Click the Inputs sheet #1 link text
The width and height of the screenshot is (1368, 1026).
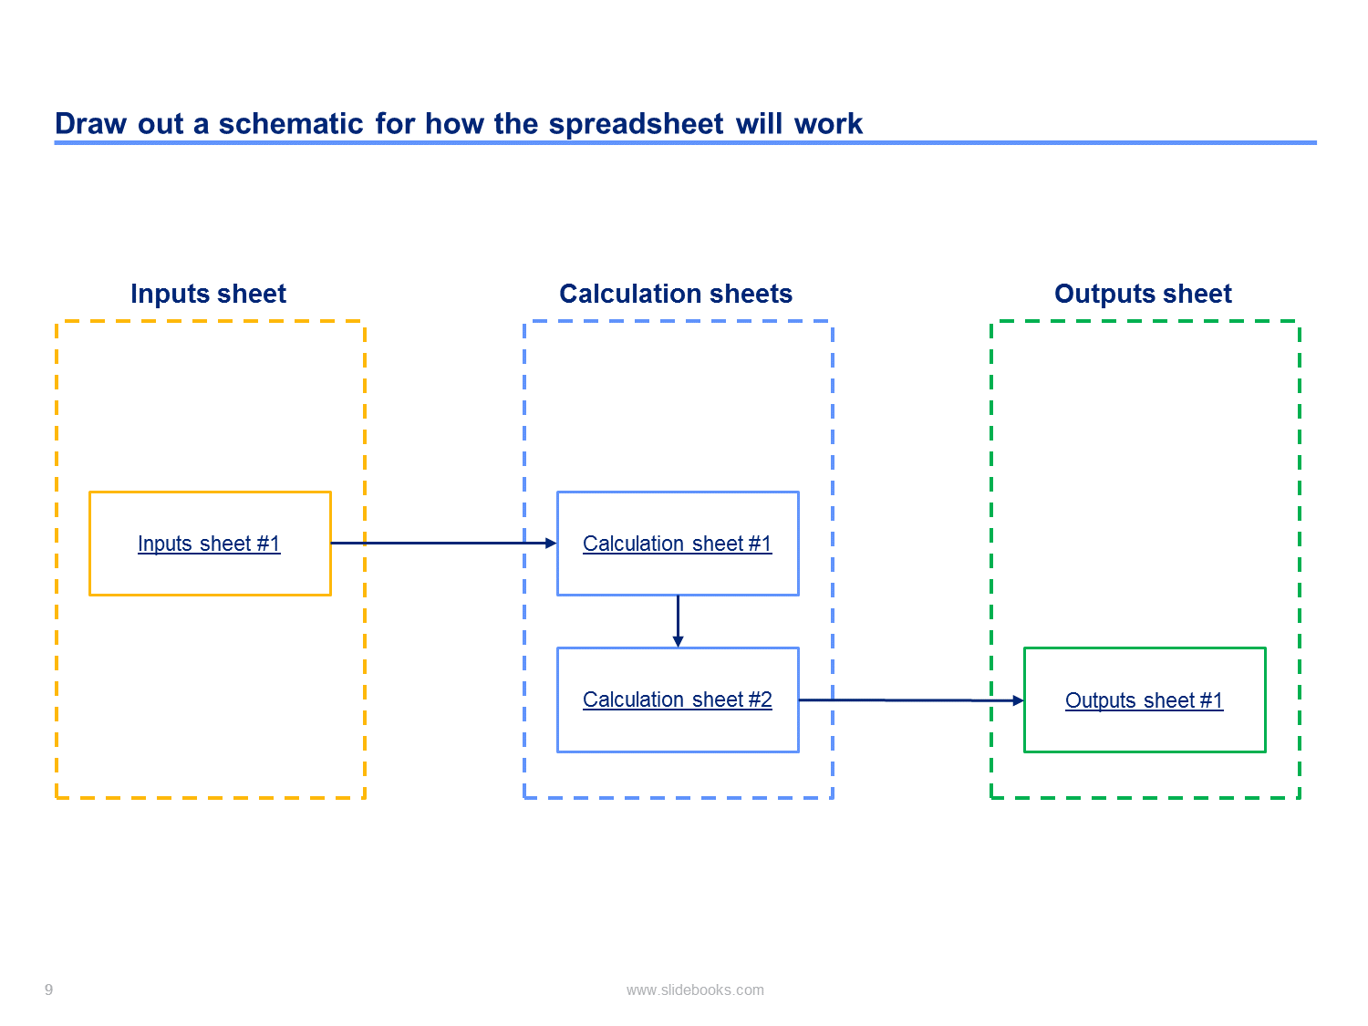pos(209,544)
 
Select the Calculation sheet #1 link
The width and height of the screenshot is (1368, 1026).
pos(678,544)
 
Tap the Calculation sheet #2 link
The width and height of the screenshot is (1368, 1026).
pos(678,700)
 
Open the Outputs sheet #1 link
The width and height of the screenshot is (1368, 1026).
pos(1145,700)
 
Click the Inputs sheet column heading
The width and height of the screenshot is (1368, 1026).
pos(208,294)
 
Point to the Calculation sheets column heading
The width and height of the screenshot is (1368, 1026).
pos(676,294)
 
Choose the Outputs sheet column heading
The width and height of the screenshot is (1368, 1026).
pos(1143,294)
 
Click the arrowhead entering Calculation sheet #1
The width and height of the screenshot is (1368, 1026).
pos(551,544)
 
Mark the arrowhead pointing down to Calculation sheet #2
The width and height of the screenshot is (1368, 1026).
pos(679,642)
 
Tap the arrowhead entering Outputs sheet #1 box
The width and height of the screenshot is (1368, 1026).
pos(1019,700)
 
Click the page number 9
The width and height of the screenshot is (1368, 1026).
pos(48,990)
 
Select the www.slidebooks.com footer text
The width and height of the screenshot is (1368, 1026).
pos(695,990)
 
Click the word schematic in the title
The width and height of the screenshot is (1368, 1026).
pos(290,123)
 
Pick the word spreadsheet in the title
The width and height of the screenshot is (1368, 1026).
pos(636,125)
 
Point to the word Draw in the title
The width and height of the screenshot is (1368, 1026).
pos(90,123)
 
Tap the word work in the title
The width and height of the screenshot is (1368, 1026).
pos(828,123)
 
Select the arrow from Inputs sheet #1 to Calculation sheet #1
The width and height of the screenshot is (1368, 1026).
pos(444,544)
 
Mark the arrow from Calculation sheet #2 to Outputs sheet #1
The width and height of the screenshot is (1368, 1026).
pos(911,700)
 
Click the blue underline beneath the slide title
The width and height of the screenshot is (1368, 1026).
pos(685,142)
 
